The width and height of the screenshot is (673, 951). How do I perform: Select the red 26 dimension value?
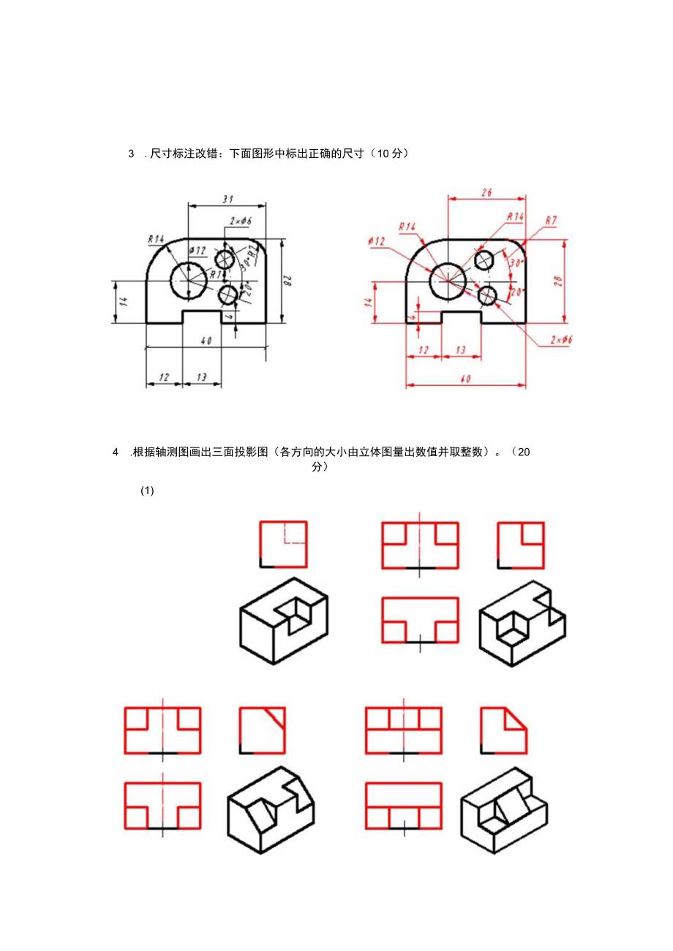(x=486, y=192)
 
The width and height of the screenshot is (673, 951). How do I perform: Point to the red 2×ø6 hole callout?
(x=561, y=339)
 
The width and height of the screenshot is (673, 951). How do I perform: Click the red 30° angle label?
(x=517, y=262)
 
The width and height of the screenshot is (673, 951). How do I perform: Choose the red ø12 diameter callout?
(x=377, y=240)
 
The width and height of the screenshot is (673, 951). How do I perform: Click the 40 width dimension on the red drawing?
(x=466, y=378)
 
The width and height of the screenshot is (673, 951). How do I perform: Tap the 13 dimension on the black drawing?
(x=202, y=377)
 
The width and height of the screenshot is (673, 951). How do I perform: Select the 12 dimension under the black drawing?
(x=164, y=377)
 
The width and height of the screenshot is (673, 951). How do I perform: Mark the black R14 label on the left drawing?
(x=155, y=238)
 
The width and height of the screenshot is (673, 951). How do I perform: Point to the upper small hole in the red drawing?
(x=484, y=259)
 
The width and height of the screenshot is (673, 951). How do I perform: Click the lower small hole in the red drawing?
(x=487, y=296)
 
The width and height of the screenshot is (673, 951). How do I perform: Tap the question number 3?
(x=132, y=154)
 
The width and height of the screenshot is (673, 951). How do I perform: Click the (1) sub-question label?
(x=147, y=491)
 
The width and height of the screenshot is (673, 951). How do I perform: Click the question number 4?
(x=116, y=452)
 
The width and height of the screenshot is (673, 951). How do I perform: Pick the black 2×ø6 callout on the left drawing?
(x=240, y=221)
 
